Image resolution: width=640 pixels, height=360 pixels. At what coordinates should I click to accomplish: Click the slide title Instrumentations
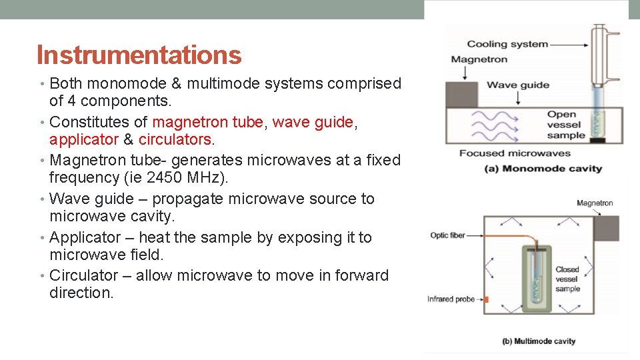139,55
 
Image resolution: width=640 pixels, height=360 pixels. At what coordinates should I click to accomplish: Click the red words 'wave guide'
313,122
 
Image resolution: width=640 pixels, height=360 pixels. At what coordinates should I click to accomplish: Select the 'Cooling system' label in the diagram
507,44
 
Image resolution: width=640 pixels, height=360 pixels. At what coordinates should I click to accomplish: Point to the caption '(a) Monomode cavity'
543,168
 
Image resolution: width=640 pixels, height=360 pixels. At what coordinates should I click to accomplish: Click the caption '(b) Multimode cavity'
538,341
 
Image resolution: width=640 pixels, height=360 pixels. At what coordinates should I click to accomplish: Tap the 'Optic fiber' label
447,235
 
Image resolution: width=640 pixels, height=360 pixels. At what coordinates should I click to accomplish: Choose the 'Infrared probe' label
451,299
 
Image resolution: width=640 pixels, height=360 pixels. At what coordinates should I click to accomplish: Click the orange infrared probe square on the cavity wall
485,299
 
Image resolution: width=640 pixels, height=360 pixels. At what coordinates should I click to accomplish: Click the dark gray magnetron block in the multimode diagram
605,228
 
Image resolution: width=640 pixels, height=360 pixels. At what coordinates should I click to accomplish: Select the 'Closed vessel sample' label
567,279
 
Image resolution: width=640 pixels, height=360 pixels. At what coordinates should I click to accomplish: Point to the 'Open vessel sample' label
565,125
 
